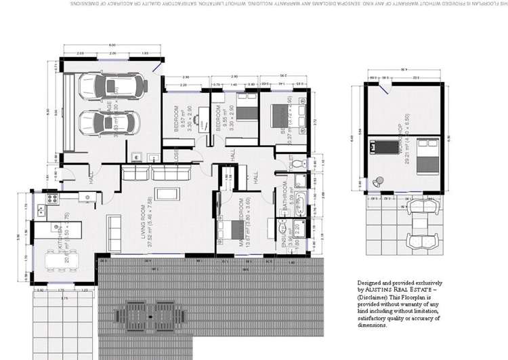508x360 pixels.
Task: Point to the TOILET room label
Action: [x=289, y=165]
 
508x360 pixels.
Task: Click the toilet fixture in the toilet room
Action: [x=303, y=164]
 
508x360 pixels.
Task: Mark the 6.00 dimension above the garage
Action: [x=112, y=45]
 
